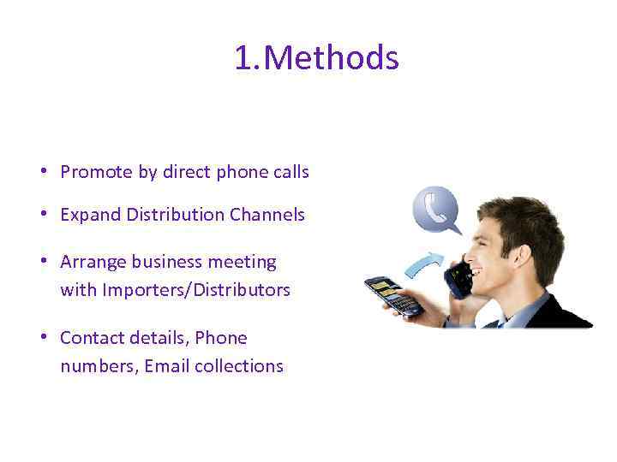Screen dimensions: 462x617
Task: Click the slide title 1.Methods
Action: coord(316,59)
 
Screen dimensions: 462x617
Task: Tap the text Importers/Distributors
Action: coord(196,290)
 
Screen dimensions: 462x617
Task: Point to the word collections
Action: coord(239,366)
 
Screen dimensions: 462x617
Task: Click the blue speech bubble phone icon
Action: coord(436,210)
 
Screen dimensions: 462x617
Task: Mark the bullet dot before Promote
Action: coord(42,172)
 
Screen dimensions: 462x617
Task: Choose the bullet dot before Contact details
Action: coord(42,338)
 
